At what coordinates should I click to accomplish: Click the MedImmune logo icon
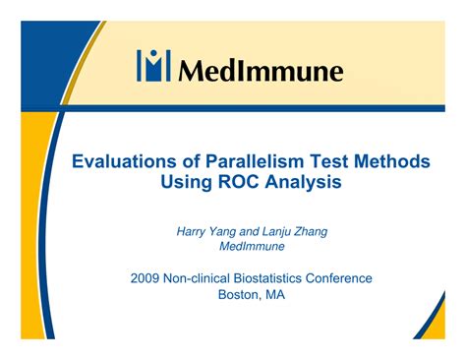click(x=152, y=67)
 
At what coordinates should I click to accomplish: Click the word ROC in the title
click(x=239, y=183)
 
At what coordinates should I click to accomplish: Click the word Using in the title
click(x=189, y=184)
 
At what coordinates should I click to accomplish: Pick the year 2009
click(x=146, y=278)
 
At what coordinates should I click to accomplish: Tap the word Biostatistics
click(x=278, y=278)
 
